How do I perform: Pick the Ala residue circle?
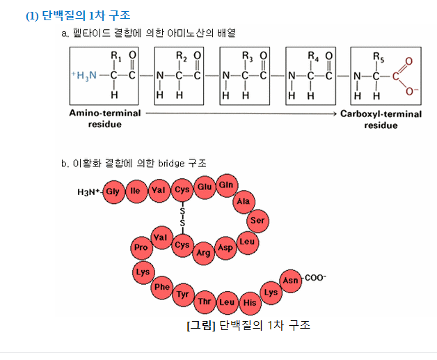(244, 201)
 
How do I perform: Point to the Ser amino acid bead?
(257, 221)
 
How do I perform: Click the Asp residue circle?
(225, 247)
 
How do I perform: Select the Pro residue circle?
(141, 247)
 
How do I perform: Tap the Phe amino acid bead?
(162, 286)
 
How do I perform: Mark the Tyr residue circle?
(183, 295)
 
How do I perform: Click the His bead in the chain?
(249, 303)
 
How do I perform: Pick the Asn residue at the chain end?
(290, 281)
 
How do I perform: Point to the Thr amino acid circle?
(205, 302)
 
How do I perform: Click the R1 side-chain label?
(116, 57)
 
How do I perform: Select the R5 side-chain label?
(378, 57)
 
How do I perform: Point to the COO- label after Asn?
(315, 277)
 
